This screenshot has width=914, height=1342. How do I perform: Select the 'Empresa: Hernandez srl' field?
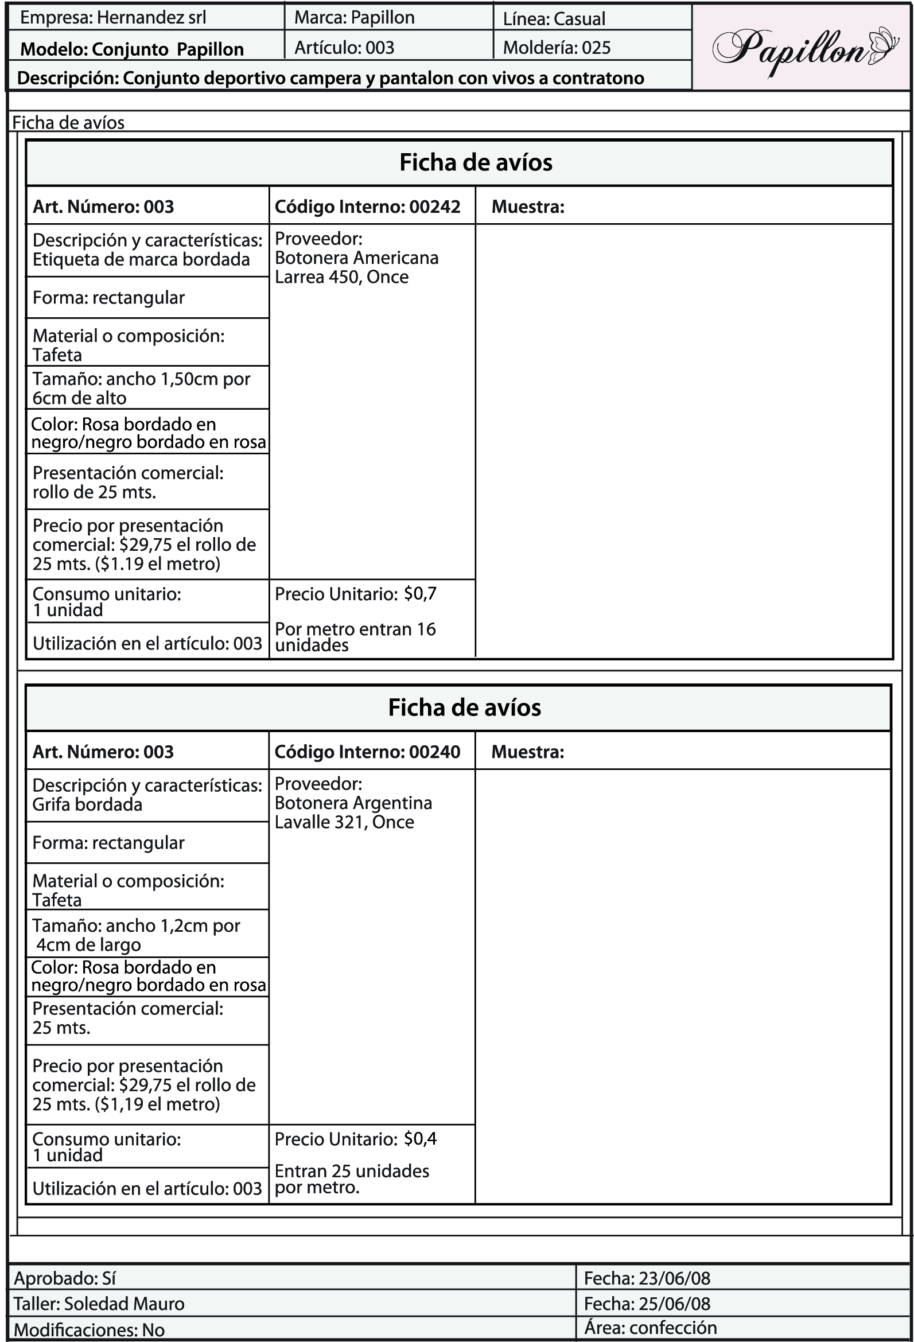pos(113,18)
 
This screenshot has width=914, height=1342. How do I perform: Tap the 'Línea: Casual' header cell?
pos(554,19)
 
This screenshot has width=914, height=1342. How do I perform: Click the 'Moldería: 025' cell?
pos(557,48)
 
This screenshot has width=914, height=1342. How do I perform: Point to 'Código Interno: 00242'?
pos(367,207)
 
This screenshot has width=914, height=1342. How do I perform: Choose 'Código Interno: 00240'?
pos(367,752)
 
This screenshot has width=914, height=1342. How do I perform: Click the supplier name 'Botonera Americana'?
pos(356,258)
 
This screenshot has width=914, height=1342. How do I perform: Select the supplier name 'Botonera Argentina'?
pos(353,803)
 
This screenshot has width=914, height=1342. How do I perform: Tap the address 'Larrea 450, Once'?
pos(341,277)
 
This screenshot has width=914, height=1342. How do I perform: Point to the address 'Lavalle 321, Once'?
pos(344,822)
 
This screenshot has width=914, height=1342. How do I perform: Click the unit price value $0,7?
pos(421,594)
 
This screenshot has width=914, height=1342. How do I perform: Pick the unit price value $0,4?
pos(421,1139)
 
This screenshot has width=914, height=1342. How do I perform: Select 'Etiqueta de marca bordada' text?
pos(141,259)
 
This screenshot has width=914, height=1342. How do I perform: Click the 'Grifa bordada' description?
pos(87,804)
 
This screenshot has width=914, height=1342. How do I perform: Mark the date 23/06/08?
pos(674,1278)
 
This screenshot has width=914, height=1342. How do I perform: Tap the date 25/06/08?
pos(674,1304)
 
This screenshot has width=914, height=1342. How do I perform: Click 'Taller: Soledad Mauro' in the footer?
pos(99,1304)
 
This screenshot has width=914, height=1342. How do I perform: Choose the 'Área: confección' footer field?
pos(650,1328)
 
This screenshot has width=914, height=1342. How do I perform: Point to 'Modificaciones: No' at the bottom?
pos(89,1330)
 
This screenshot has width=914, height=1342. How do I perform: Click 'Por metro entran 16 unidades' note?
pos(355,637)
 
